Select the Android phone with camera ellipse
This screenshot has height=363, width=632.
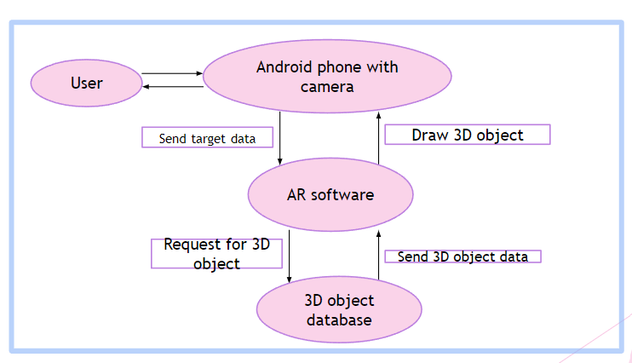coord(327,77)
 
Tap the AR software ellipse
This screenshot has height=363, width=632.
coord(330,195)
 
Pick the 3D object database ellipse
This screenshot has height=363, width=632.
coord(339,309)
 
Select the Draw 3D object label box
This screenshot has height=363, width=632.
coord(467,135)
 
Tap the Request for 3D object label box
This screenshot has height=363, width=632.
coord(216,253)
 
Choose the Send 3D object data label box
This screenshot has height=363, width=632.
coord(463,256)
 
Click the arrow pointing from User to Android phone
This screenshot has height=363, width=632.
coord(171,73)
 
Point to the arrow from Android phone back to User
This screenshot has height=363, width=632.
coord(171,87)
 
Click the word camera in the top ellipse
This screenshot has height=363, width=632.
coord(327,86)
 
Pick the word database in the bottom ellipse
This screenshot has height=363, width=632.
coord(339,320)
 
